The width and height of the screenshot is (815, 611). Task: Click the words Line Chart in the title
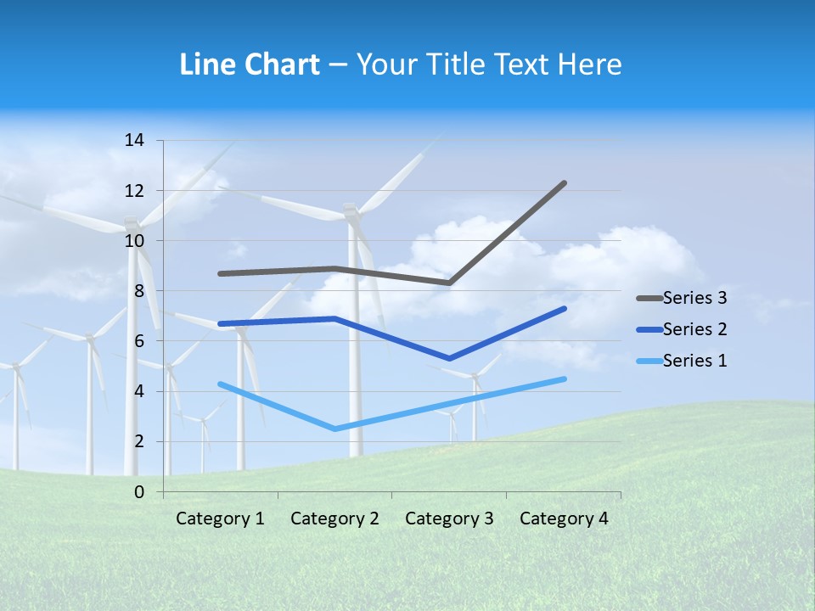coord(250,64)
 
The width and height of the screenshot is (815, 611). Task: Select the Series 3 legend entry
coord(694,298)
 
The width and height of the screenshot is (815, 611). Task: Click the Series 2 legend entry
coord(694,329)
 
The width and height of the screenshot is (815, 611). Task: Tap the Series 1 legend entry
coord(694,361)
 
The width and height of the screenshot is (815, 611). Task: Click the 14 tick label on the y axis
coord(134,140)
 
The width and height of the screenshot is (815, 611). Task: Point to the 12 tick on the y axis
coord(134,190)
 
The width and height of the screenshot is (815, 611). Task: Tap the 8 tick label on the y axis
coord(138,291)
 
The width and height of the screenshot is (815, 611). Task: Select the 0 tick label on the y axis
coord(138,492)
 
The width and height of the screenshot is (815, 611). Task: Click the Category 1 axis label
coord(220,519)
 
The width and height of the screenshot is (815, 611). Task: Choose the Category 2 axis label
coord(334,519)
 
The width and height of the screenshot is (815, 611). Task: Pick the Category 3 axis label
coord(449,519)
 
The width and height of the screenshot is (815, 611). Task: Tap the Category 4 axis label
coord(564,519)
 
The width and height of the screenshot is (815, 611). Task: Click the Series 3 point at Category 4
coord(564,183)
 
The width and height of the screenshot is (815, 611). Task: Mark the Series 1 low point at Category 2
coord(334,429)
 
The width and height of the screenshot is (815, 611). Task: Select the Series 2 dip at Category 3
coord(449,359)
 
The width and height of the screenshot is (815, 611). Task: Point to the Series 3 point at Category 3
coord(449,283)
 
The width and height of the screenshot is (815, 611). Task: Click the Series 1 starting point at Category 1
coord(220,384)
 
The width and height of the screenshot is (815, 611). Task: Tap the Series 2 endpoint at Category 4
coord(564,309)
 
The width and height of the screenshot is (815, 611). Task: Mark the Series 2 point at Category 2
coord(334,319)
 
